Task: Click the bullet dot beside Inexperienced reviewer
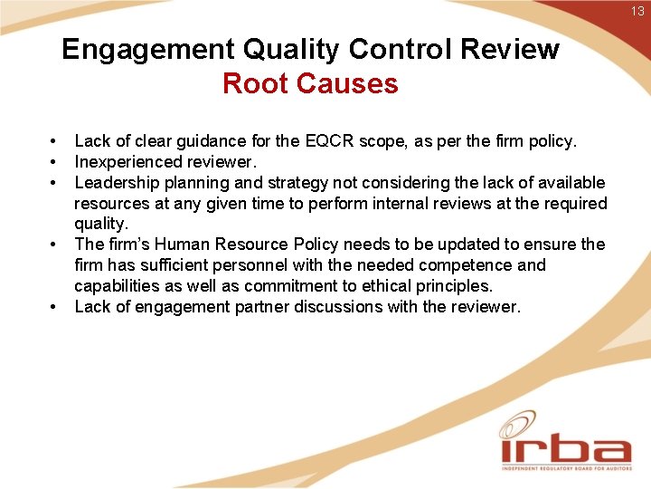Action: point(54,162)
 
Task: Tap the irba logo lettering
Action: point(565,450)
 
